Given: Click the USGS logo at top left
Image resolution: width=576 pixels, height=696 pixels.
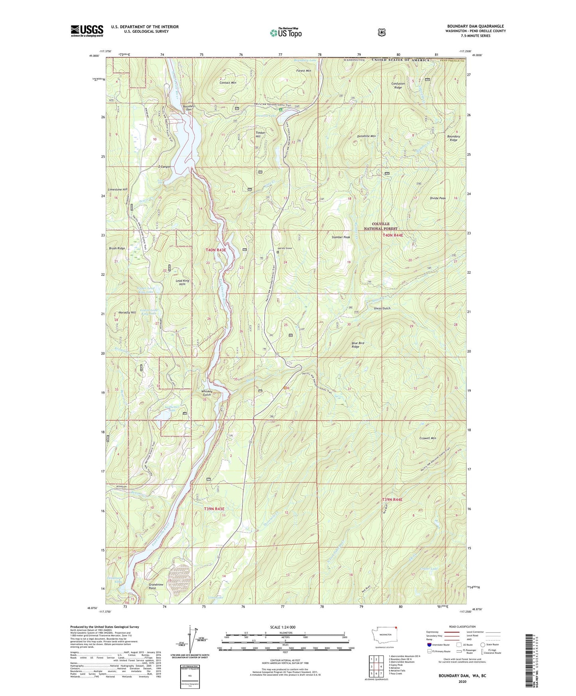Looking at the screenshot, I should coord(87,30).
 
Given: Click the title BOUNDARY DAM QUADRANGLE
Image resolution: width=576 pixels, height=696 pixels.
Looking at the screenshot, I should coord(475,26).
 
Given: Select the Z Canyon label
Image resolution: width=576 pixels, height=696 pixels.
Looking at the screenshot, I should coord(164,167).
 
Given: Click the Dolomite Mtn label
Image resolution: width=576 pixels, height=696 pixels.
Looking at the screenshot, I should coord(366,136).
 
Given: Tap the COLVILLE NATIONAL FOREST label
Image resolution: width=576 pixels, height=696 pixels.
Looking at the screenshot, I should coord(381,226).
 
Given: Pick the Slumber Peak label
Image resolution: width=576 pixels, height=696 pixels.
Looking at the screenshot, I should coord(340,237).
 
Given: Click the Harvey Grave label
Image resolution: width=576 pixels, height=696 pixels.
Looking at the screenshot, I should coord(285,248).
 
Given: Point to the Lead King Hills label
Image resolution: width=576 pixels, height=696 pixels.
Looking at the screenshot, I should coord(183,282).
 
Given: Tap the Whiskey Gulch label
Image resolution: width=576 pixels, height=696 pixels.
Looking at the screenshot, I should coord(207,393).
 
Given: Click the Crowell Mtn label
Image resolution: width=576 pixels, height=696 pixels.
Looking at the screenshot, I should coord(427,438).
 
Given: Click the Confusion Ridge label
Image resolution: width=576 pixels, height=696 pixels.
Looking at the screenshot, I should coord(398,85).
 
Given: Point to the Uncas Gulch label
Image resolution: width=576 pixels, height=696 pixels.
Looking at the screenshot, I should coord(381,308).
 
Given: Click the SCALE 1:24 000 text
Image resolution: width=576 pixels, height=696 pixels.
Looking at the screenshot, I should coord(283,627).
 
